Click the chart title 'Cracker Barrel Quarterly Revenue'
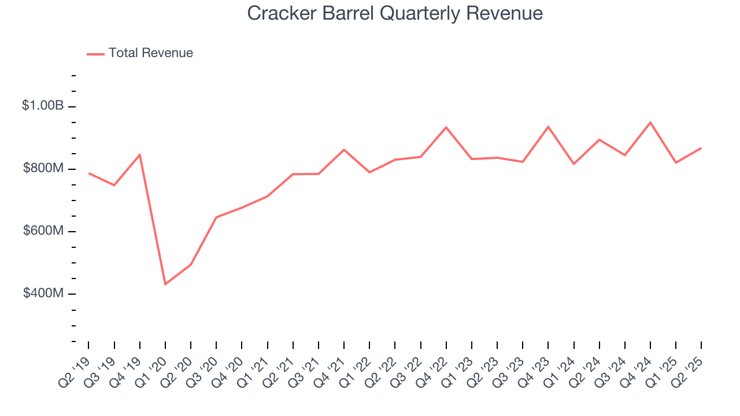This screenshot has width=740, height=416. tap(395, 13)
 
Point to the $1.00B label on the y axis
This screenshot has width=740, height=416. tap(43, 106)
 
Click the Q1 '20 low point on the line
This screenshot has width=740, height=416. tap(165, 284)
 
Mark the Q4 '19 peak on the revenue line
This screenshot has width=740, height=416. tap(140, 154)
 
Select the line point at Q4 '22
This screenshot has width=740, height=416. tap(446, 127)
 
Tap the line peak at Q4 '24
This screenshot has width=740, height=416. tap(650, 122)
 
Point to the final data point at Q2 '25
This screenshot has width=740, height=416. tap(701, 148)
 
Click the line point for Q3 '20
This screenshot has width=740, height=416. tap(216, 217)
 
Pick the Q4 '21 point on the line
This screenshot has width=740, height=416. tap(344, 150)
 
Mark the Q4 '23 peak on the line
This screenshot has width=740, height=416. tap(548, 127)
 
